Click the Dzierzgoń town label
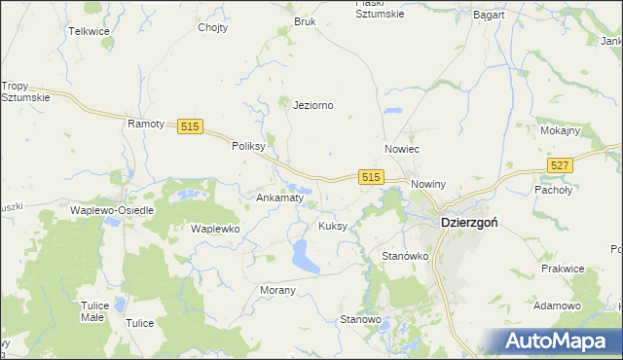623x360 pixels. click(470, 222)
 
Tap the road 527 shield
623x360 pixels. click(559, 167)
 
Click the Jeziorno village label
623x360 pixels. click(313, 105)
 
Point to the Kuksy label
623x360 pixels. click(333, 226)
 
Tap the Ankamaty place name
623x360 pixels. click(280, 198)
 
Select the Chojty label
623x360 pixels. click(212, 27)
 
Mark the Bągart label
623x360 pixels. click(488, 17)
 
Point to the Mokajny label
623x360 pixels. click(560, 130)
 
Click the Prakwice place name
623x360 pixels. click(563, 268)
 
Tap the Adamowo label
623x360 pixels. click(558, 306)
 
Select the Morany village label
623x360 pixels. click(277, 291)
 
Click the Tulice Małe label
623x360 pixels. click(93, 311)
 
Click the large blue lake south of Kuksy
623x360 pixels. click(303, 257)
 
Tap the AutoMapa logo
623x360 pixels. click(560, 341)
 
